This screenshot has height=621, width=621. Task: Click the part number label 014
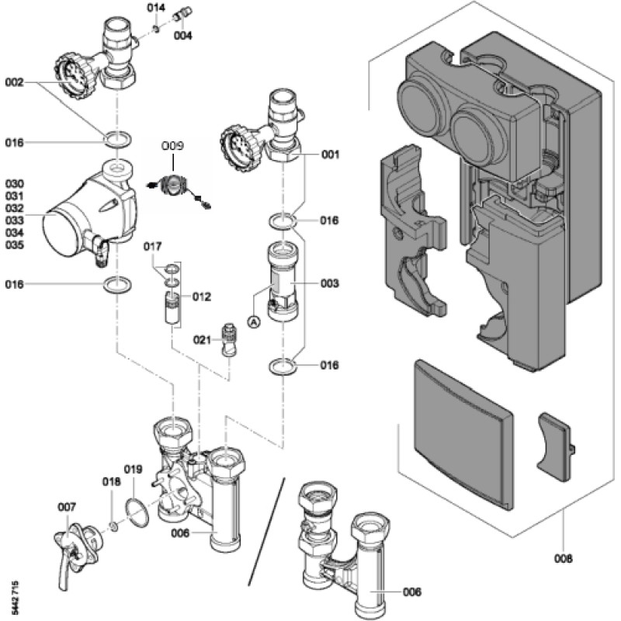click(157, 7)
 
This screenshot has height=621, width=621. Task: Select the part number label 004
click(183, 36)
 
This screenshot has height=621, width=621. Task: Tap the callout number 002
click(16, 81)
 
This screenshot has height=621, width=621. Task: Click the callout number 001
click(331, 154)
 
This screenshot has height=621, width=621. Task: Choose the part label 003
click(330, 284)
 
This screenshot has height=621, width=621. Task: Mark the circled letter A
click(253, 319)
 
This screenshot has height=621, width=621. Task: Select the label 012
click(202, 297)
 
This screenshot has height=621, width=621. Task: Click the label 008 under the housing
click(564, 558)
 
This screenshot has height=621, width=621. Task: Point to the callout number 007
click(68, 507)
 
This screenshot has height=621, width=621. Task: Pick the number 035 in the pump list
click(16, 245)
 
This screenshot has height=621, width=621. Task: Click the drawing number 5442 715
click(16, 598)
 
